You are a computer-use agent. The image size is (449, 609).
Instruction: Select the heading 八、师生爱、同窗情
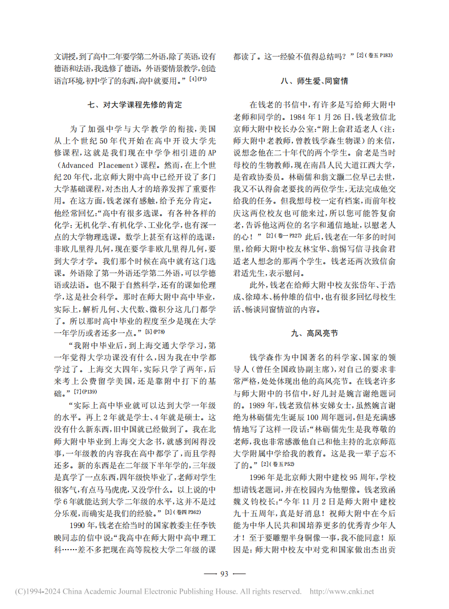click(314, 81)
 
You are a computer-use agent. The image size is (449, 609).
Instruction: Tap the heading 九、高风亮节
click(315, 334)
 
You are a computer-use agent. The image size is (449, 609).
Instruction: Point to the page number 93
click(224, 573)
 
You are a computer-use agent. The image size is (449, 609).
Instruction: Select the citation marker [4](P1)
click(198, 79)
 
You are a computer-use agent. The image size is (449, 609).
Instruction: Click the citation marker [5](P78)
click(154, 331)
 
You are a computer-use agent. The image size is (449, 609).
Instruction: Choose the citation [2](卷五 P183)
click(374, 55)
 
